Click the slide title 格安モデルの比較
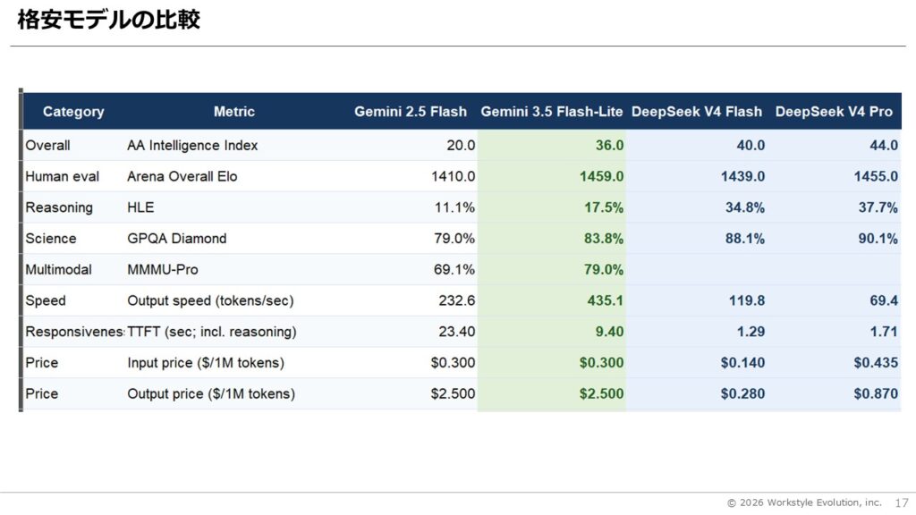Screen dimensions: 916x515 108,20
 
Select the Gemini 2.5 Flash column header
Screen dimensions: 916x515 410,112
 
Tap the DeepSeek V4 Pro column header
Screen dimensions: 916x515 834,112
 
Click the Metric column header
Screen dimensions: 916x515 233,112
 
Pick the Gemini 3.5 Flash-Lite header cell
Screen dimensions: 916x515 551,112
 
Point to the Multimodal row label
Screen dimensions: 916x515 58,270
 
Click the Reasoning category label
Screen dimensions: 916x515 59,207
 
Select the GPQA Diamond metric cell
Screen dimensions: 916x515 177,238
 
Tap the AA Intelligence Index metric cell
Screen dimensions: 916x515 192,146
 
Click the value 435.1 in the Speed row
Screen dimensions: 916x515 606,300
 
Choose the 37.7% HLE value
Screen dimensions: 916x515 878,207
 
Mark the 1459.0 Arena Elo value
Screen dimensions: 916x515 602,176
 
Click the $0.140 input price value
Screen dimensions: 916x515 742,363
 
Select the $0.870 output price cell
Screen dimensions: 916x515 876,393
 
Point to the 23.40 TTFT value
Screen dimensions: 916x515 457,332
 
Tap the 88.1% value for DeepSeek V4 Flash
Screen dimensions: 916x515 745,238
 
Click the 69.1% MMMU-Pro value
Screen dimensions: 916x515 454,270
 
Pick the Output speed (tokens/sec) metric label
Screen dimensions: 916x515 210,300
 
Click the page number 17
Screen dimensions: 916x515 902,502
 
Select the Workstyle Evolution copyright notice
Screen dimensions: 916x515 804,502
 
